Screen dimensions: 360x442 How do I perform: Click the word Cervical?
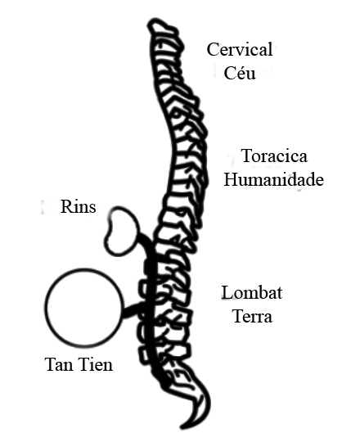(x=240, y=49)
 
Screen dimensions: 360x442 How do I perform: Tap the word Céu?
(x=240, y=73)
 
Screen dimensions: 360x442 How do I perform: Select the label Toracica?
(x=274, y=156)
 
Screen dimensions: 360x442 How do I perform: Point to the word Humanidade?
(x=273, y=179)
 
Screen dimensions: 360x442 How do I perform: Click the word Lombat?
(x=251, y=292)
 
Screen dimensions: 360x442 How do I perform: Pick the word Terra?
(x=253, y=316)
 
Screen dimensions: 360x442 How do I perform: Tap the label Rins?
(x=78, y=206)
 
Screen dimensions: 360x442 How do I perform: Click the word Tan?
(x=61, y=364)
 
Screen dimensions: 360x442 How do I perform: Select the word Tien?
(x=96, y=364)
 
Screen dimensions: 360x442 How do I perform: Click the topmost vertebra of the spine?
(x=164, y=27)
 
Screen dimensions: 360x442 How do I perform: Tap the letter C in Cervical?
(x=213, y=49)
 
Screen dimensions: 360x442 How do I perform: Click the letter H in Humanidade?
(x=231, y=179)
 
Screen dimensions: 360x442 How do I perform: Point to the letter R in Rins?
(x=66, y=206)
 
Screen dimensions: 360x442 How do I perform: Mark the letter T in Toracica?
(x=247, y=156)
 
